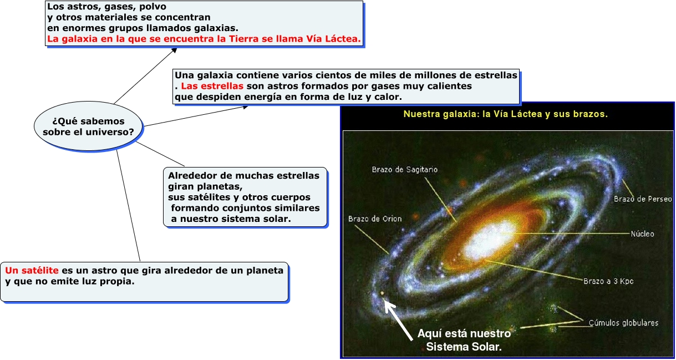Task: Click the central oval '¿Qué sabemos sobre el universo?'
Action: (88, 126)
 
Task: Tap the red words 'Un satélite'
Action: (32, 270)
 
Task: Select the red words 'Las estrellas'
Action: (212, 86)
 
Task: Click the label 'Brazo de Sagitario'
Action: (405, 170)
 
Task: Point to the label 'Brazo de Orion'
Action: (375, 219)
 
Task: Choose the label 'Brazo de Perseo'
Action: (643, 199)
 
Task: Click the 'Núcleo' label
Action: (642, 234)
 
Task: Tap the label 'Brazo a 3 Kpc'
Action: (608, 281)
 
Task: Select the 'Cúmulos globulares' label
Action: (623, 323)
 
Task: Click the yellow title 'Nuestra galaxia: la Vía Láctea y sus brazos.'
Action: (506, 114)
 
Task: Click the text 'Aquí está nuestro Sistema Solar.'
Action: (464, 340)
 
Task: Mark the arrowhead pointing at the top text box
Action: (174, 50)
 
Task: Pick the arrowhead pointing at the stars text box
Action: (245, 107)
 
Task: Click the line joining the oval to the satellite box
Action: (128, 206)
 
